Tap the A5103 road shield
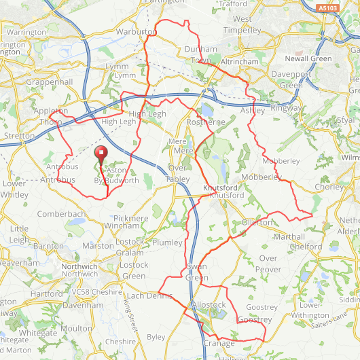point(329,8)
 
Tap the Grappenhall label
point(49,82)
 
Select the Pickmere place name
point(130,218)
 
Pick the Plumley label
point(168,242)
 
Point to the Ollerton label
point(257,223)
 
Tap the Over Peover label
point(268,264)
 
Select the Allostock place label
point(209,305)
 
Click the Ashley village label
point(253,109)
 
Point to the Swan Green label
point(197,272)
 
